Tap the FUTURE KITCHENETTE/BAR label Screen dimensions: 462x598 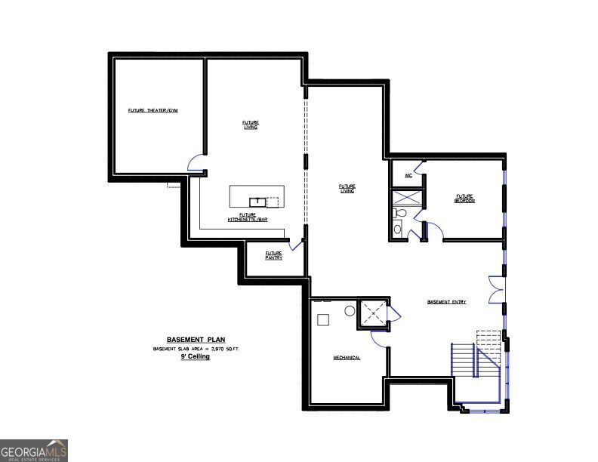coord(248,217)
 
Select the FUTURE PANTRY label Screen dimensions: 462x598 coord(273,255)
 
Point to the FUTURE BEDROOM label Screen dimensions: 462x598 coord(464,198)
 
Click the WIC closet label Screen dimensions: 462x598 coord(408,176)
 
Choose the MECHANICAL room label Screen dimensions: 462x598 coord(347,357)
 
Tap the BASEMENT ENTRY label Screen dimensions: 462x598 coord(446,302)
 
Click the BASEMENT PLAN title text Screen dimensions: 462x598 coord(196,340)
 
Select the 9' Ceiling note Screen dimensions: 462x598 coord(195,356)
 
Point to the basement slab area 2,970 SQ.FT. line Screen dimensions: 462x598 coord(196,349)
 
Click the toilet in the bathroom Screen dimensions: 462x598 coord(400,214)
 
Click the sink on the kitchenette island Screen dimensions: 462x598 coord(257,201)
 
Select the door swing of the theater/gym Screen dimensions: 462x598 coord(196,161)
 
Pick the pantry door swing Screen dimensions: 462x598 coord(296,245)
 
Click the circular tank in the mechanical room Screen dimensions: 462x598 coord(350,310)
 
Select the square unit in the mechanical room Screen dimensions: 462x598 coord(324,319)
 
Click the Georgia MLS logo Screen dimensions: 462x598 coord(34,450)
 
